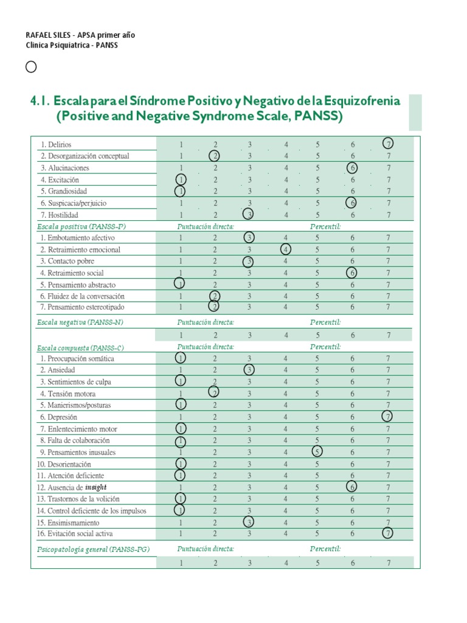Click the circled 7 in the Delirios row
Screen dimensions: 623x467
pos(389,144)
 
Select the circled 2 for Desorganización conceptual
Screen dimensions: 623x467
pos(215,156)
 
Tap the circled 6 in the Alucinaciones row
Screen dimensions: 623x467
pos(353,168)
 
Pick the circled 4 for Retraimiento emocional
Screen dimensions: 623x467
pos(285,249)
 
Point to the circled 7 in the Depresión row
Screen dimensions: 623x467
pos(388,417)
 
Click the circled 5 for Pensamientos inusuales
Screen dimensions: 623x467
pos(317,452)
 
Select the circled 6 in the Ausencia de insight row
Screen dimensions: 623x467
pos(352,487)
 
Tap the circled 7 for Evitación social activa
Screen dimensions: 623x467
pos(388,534)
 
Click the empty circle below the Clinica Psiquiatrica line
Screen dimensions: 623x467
pos(31,67)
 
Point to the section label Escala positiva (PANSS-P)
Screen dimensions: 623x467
pos(81,226)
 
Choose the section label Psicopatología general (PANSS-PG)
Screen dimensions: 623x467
pos(92,549)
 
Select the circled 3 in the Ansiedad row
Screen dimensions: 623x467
pos(249,370)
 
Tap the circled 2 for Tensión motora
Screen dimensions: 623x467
pos(215,393)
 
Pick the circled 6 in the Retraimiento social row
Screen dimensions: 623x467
pos(353,273)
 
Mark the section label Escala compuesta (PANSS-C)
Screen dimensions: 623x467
pos(80,347)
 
